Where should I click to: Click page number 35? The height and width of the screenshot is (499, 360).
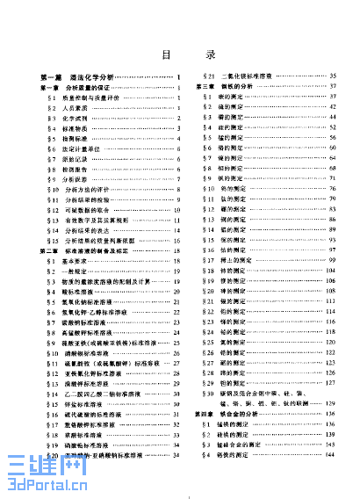[334, 77]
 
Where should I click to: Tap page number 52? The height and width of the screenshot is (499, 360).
[334, 127]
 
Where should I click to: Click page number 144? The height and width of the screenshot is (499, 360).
[334, 452]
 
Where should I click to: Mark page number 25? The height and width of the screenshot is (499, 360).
[177, 345]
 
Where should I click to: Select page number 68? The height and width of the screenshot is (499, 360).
[334, 167]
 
